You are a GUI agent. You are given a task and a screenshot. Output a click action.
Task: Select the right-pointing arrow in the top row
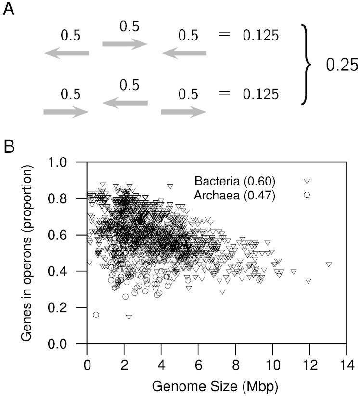click(125, 45)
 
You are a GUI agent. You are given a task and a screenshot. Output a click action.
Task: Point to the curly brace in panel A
click(304, 65)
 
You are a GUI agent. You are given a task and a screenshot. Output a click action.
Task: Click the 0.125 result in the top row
click(260, 36)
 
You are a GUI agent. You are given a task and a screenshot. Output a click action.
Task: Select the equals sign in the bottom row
click(224, 93)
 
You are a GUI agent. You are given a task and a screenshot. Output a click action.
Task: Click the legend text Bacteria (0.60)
click(235, 182)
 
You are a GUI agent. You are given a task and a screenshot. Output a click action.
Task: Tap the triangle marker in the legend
click(306, 182)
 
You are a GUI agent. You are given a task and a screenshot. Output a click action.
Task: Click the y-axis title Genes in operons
click(27, 253)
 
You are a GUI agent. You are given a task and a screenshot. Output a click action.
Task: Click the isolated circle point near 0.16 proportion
click(96, 315)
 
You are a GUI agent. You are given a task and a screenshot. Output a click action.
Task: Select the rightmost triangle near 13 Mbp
click(329, 264)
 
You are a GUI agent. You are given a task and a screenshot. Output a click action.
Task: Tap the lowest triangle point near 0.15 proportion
click(129, 317)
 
